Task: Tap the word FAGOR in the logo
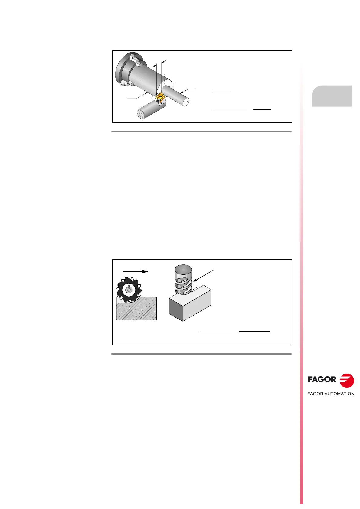[x=322, y=379]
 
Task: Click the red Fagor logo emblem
[x=347, y=380]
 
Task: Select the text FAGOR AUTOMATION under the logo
[x=330, y=394]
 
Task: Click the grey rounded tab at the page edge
[x=332, y=96]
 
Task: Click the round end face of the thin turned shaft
[x=185, y=102]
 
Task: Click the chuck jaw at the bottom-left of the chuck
[x=125, y=84]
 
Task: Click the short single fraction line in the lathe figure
[x=222, y=91]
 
